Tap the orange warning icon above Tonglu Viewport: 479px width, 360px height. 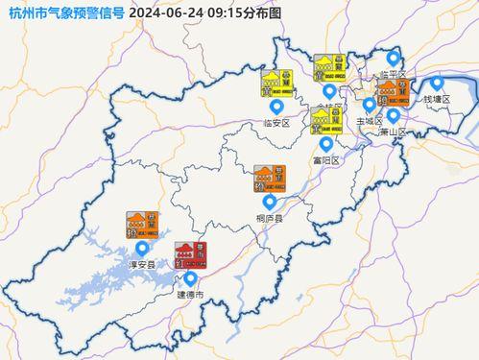tap(269, 179)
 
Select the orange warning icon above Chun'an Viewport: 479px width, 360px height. tap(140, 226)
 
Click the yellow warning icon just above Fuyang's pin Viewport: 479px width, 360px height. tap(323, 121)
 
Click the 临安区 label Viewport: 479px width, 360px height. tap(275, 124)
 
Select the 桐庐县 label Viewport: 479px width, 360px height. tap(269, 219)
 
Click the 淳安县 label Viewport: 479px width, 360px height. tap(141, 264)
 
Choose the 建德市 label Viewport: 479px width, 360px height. tap(188, 296)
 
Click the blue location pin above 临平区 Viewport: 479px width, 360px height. tap(392, 58)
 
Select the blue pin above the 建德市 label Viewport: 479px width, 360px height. tap(189, 279)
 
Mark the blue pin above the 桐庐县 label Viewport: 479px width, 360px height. tap(269, 202)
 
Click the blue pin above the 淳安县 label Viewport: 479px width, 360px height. tap(142, 249)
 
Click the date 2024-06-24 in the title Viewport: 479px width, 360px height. tap(164, 12)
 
